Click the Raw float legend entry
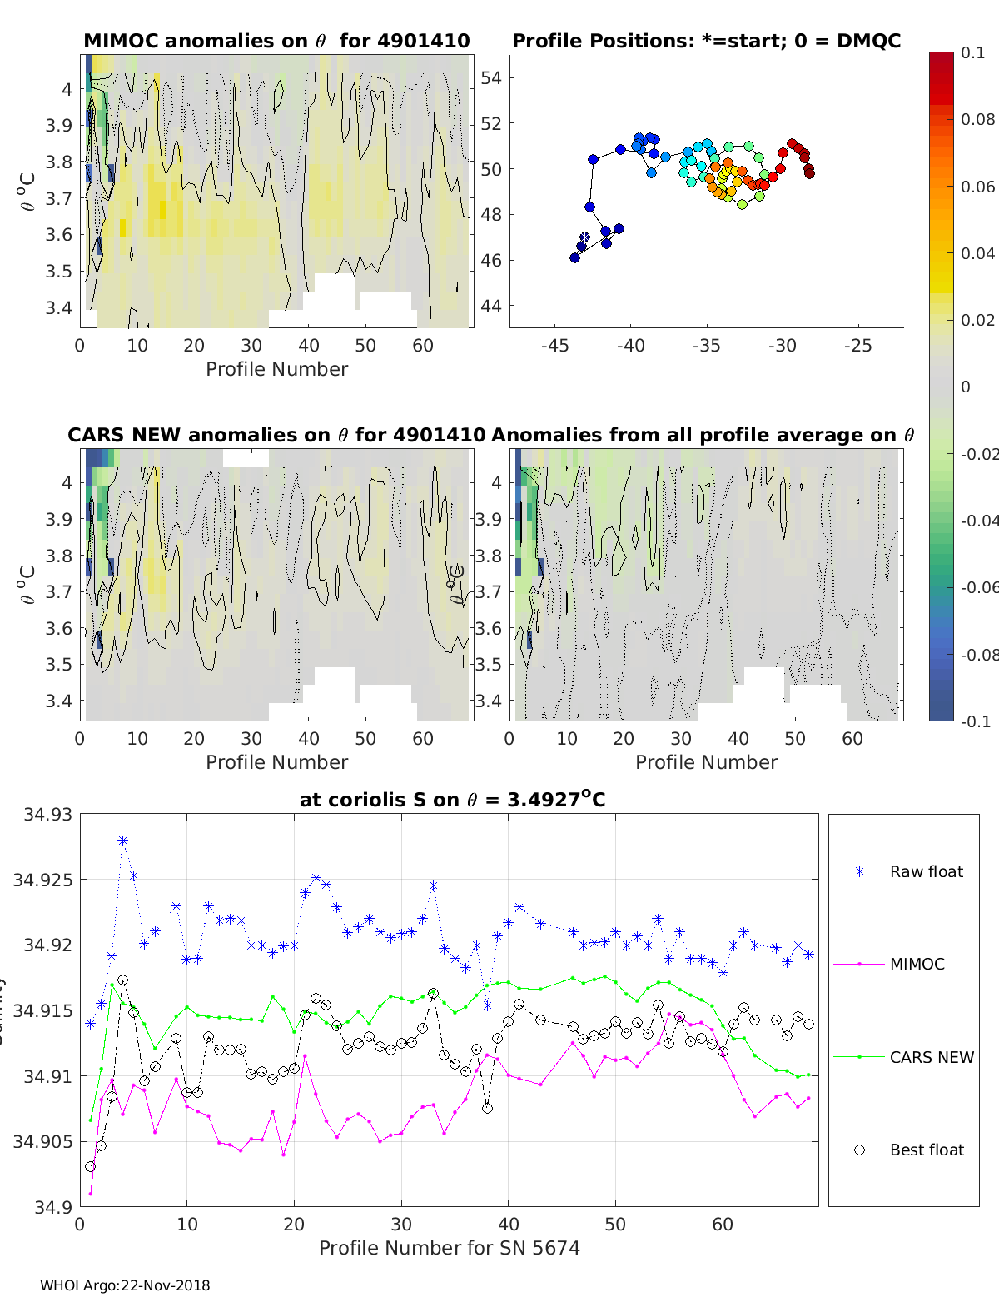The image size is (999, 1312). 926,872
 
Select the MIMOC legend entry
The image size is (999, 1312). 917,965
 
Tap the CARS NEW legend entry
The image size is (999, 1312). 931,1058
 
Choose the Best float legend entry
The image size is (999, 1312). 926,1150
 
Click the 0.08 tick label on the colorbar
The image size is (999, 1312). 977,119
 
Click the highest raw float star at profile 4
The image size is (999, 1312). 122,841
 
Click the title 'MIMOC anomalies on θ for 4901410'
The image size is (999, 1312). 276,41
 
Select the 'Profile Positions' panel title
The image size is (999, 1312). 706,41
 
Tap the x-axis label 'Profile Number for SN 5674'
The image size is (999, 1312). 450,1248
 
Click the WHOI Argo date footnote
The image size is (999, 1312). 125,1285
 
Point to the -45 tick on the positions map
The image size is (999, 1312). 555,346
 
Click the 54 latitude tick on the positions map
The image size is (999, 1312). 491,78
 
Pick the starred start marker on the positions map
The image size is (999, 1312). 584,237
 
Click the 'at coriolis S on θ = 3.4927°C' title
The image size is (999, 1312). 452,800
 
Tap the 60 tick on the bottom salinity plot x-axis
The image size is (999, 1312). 723,1225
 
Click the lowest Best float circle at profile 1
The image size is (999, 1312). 91,1166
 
